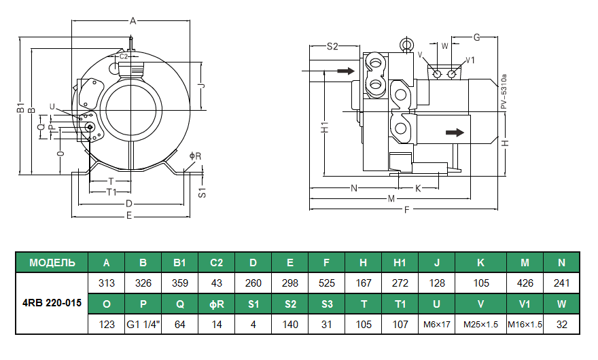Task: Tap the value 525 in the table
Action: tap(327, 283)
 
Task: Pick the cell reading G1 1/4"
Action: tap(143, 324)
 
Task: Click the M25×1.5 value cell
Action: tap(480, 324)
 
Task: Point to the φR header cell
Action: tap(217, 304)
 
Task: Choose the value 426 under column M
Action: tap(525, 283)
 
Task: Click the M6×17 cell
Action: tap(436, 324)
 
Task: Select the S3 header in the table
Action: tap(327, 304)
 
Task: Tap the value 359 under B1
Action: tap(180, 283)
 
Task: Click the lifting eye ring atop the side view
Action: tap(407, 46)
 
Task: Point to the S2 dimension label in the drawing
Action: tap(332, 46)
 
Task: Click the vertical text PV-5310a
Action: tap(504, 92)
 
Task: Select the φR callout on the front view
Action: tap(194, 156)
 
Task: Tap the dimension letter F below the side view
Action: tap(407, 210)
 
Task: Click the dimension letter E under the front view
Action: tap(129, 216)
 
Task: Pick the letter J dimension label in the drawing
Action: tap(201, 86)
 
